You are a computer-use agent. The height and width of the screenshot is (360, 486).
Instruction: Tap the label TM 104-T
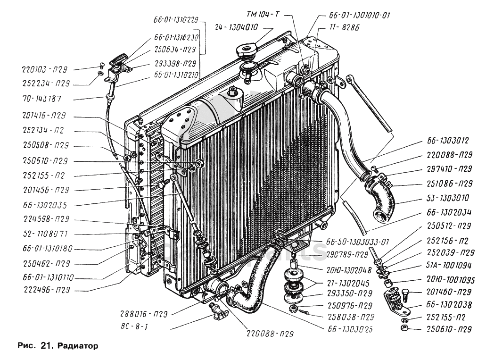(x=262, y=15)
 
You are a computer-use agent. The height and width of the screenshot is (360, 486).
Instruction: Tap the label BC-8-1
(x=133, y=326)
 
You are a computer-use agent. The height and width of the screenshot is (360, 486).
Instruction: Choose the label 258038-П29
(x=349, y=317)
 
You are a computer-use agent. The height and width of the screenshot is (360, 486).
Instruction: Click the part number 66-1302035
(x=46, y=205)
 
